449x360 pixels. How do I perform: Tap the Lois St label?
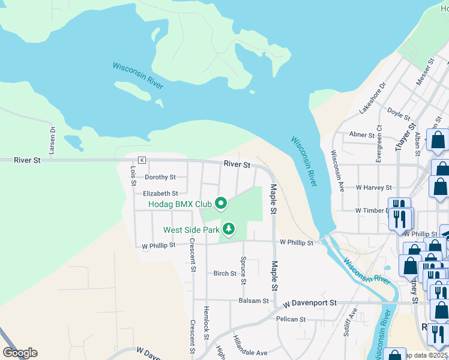pos(133,175)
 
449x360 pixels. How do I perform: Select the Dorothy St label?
pos(160,178)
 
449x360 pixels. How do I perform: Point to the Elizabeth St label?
pos(160,194)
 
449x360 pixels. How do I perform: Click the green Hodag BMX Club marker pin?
pos(220,204)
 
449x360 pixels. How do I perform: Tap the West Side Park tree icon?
pos(228,229)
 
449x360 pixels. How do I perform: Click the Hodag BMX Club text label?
pos(181,205)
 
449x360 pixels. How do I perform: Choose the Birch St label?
pos(225,274)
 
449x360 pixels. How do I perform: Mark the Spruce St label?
pos(243,271)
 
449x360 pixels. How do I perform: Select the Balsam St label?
pos(253,301)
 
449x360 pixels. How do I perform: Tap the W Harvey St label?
pos(373,188)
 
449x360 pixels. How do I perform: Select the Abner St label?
pos(362,135)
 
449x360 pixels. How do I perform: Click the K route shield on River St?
pos(142,160)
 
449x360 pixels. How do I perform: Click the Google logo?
pos(20,353)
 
